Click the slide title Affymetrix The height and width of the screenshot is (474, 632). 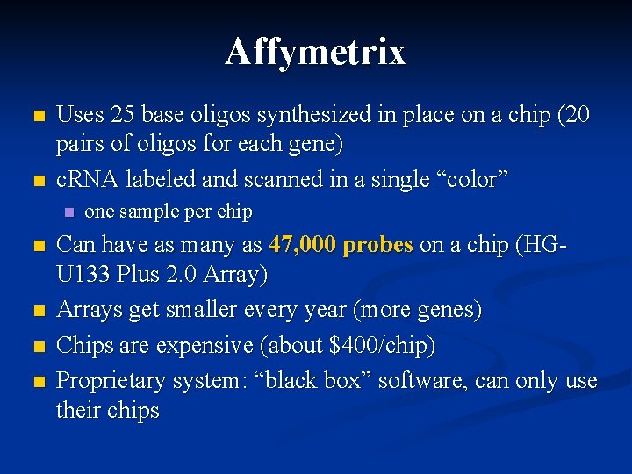315,51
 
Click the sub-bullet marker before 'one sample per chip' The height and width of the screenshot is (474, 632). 69,212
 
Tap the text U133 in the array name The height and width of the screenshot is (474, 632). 83,276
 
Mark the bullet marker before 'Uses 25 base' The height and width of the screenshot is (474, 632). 36,116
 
